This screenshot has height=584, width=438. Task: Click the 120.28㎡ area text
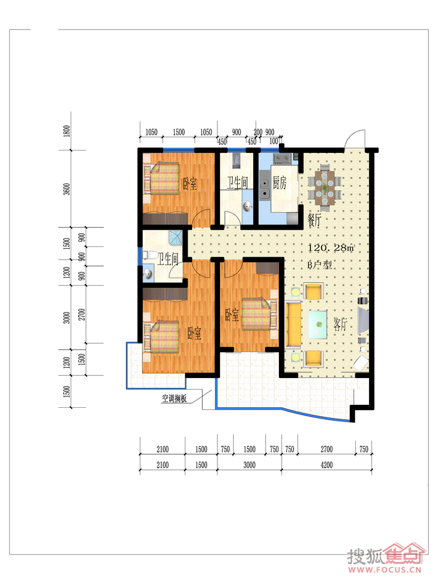331,248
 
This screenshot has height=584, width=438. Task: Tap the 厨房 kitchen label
279,182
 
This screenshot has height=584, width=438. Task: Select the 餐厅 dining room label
314,220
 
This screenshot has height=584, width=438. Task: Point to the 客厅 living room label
340,325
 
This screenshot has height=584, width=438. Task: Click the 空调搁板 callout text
175,399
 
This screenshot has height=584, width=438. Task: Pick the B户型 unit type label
319,265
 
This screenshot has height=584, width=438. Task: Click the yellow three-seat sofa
293,325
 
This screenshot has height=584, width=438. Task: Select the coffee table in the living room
318,324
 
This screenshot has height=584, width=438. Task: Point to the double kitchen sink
265,188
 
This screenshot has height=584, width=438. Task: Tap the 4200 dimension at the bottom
327,465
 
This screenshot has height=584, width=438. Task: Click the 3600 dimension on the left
67,189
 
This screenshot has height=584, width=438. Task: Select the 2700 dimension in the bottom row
327,449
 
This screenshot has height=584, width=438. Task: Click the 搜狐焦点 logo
386,555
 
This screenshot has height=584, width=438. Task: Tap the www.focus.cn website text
385,570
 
